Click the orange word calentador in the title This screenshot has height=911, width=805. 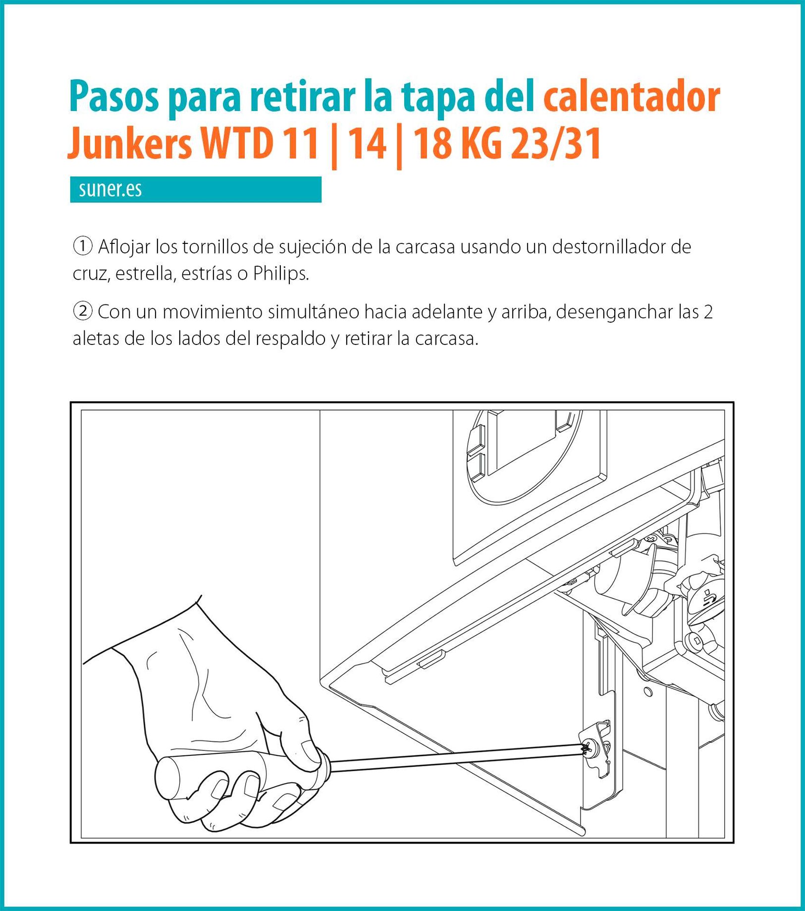pyautogui.click(x=632, y=96)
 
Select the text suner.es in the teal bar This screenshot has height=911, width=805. pyautogui.click(x=110, y=189)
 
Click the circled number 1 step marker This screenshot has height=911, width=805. pyautogui.click(x=83, y=246)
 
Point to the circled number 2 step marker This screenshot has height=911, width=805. pyautogui.click(x=83, y=311)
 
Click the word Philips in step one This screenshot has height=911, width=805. pyautogui.click(x=281, y=274)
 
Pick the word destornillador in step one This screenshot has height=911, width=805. pyautogui.click(x=608, y=246)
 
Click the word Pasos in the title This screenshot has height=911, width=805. pyautogui.click(x=114, y=96)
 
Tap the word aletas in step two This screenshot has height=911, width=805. pyautogui.click(x=96, y=339)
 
